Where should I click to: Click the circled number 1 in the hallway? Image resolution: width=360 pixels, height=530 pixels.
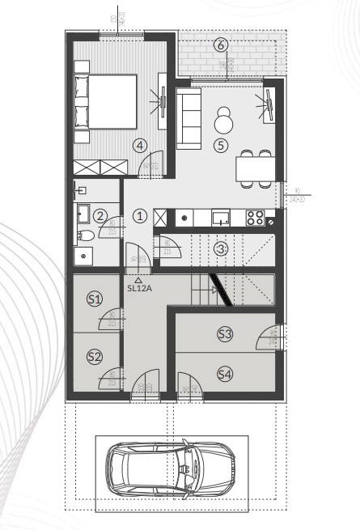(x=140, y=216)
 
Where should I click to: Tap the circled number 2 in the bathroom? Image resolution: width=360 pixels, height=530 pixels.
(x=100, y=216)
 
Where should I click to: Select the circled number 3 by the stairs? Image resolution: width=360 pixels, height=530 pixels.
(x=221, y=248)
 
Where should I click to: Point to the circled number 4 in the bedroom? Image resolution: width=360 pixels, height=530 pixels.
(x=141, y=146)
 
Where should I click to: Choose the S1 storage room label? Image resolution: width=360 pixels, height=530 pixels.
(x=95, y=299)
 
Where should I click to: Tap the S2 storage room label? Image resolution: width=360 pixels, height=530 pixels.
(x=95, y=356)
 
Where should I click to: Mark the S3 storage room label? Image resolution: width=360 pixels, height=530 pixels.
(x=225, y=333)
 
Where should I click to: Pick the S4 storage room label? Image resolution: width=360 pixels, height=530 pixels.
(x=225, y=373)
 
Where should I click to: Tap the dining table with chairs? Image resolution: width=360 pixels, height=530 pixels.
(x=255, y=168)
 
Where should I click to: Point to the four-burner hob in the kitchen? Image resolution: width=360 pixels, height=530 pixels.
(x=254, y=217)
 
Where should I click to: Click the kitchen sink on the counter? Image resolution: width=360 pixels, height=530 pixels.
(x=221, y=217)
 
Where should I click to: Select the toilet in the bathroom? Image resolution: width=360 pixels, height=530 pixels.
(x=84, y=236)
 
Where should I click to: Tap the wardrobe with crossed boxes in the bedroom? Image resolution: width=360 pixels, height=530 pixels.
(x=101, y=167)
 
